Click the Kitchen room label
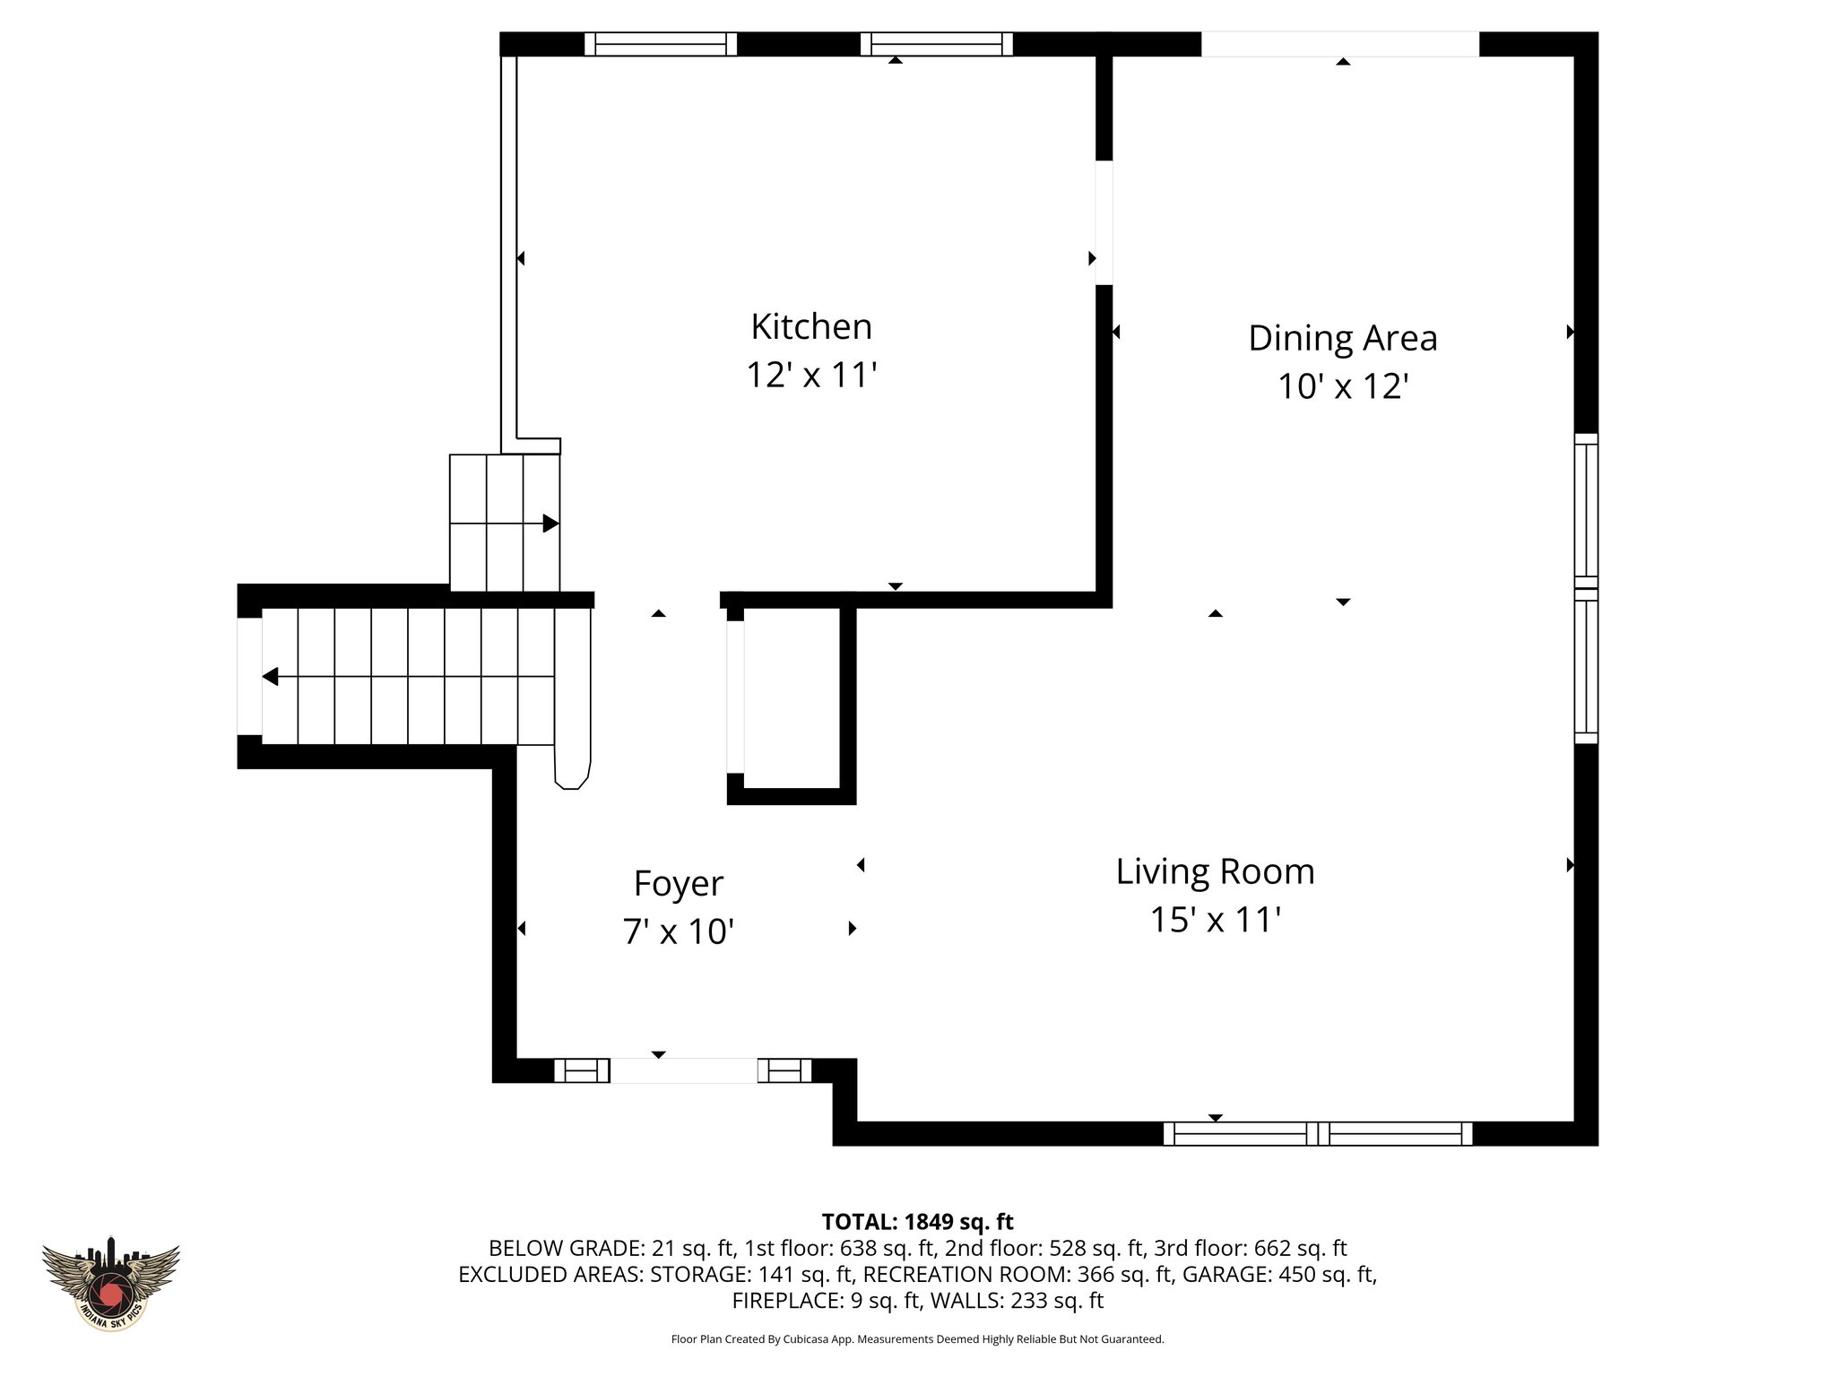coord(810,326)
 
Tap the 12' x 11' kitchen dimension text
coord(810,375)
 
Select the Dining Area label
coord(1342,338)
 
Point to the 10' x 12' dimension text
coord(1342,386)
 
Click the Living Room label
coord(1215,871)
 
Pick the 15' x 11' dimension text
coord(1215,920)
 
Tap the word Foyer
coord(678,884)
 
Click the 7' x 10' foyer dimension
coord(678,932)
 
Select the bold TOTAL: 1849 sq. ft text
coord(917,1222)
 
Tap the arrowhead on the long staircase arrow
coord(270,677)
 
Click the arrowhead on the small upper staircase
coord(550,524)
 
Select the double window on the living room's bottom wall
coord(1317,1134)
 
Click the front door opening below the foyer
coord(683,1070)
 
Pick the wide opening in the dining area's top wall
coord(1339,44)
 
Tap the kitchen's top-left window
coord(661,44)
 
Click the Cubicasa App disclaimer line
coord(917,1339)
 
